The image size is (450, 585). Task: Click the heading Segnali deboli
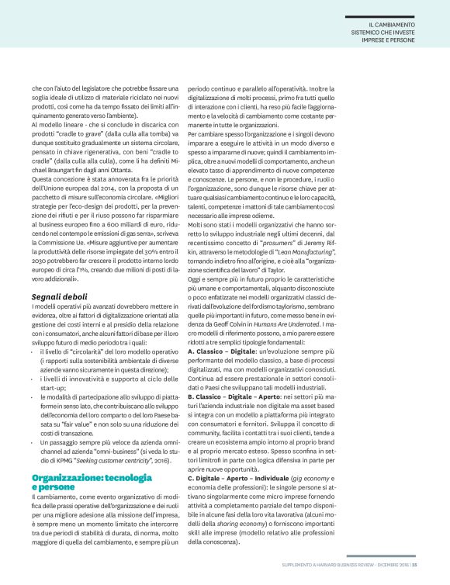click(59, 275)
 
